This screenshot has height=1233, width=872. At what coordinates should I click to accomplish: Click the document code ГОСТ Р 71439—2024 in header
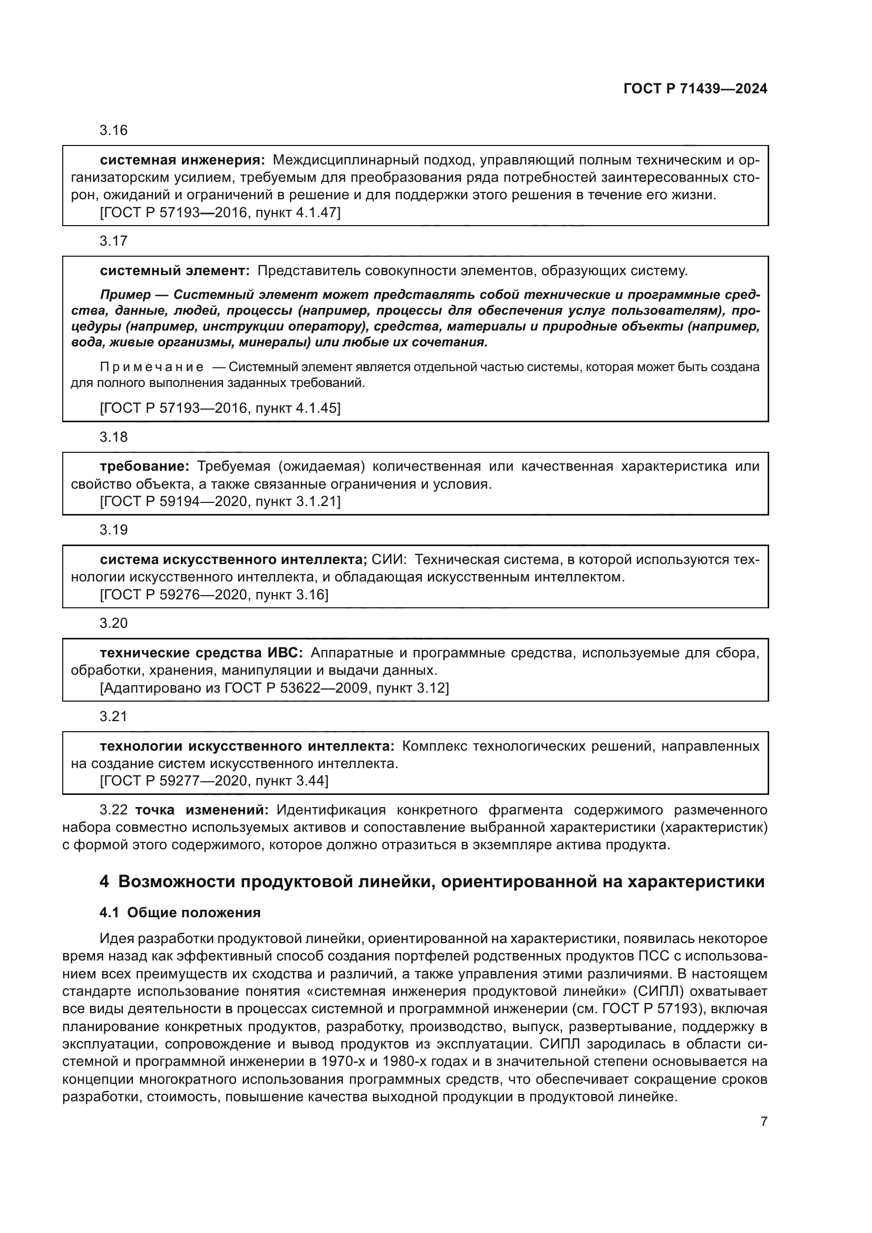point(695,89)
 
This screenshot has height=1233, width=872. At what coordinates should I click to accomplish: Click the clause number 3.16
point(113,131)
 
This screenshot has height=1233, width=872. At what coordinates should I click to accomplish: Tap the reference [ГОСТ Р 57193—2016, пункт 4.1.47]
point(220,212)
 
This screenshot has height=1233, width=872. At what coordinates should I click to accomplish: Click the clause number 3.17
point(113,241)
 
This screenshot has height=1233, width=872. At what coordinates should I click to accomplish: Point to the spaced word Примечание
point(152,367)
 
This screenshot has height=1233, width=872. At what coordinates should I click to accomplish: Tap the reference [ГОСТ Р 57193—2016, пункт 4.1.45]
point(220,409)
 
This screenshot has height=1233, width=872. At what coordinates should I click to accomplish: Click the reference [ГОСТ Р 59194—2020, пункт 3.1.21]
point(220,501)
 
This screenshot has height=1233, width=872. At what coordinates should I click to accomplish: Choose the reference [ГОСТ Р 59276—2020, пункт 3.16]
point(214,595)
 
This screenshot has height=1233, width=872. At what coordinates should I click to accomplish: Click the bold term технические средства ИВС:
point(202,653)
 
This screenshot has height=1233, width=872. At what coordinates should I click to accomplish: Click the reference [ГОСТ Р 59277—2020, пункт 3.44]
point(214,781)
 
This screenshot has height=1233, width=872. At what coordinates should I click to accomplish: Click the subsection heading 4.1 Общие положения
point(180,913)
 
